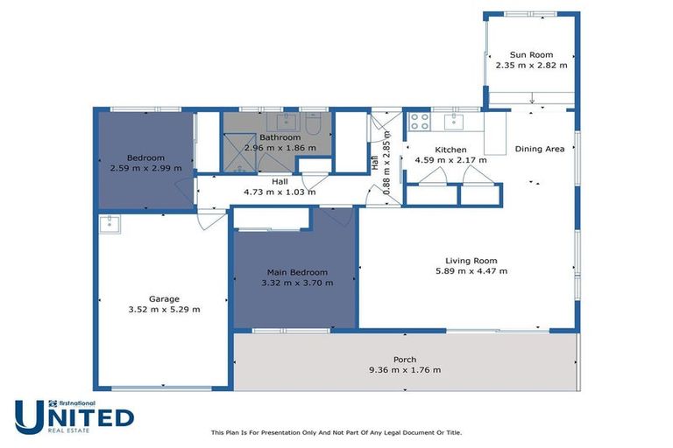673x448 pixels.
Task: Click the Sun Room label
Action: click(531, 54)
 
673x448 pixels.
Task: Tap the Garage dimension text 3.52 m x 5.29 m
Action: click(164, 309)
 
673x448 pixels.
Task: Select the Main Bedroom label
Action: click(294, 272)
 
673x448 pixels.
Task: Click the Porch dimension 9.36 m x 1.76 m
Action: click(404, 370)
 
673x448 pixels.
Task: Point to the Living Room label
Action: click(471, 260)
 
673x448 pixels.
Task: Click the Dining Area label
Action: click(539, 149)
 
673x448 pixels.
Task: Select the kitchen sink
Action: click(455, 121)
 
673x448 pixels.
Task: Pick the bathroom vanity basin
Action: click(286, 122)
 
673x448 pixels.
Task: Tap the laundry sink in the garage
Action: click(110, 224)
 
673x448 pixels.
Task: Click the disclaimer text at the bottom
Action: click(336, 432)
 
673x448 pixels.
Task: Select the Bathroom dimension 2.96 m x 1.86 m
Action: click(280, 148)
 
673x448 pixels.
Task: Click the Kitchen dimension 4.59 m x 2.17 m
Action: click(450, 160)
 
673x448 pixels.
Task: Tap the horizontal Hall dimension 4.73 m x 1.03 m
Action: click(280, 192)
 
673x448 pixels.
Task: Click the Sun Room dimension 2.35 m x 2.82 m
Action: click(531, 66)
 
